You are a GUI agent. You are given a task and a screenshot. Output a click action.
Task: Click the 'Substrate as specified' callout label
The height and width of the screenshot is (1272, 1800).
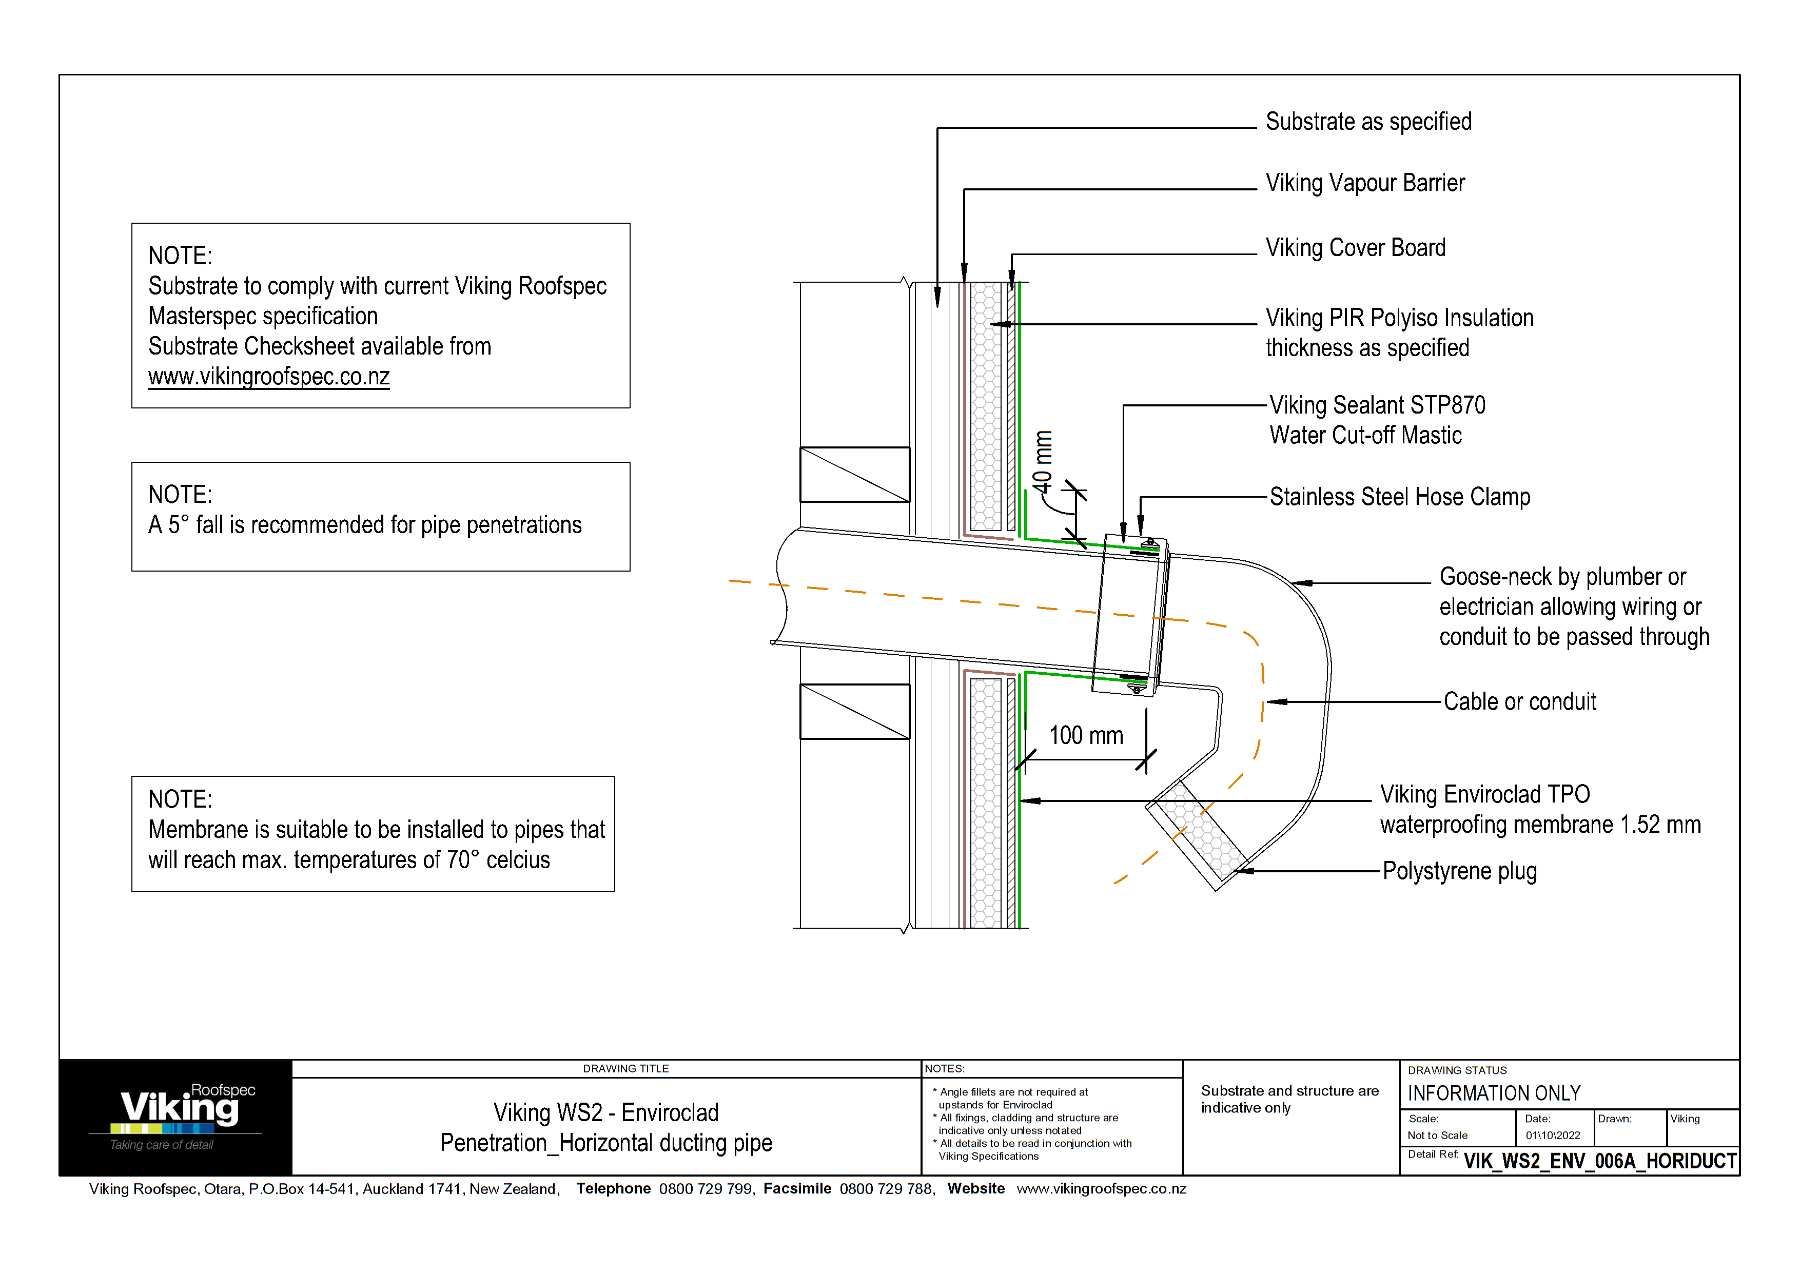(1368, 122)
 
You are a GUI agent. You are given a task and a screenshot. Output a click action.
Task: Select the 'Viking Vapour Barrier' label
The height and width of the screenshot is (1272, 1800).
(1364, 183)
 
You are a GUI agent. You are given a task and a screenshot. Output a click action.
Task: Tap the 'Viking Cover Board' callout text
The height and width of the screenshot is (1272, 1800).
(1355, 248)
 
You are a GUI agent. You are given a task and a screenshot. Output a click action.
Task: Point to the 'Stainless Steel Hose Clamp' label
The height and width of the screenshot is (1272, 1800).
(1399, 497)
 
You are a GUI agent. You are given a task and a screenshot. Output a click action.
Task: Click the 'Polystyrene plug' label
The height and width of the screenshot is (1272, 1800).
(1459, 871)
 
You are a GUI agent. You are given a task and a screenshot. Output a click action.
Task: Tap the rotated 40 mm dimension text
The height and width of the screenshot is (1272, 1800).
(1042, 462)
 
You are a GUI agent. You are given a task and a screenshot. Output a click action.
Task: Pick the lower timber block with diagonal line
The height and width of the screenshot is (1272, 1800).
(854, 712)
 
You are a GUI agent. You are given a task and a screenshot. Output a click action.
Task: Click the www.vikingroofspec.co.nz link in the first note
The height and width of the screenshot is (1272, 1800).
(269, 377)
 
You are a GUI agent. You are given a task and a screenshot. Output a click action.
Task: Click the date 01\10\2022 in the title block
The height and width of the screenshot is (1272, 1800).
(1552, 1136)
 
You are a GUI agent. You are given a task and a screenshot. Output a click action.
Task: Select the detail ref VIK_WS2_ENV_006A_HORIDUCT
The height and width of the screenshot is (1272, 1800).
(1599, 1161)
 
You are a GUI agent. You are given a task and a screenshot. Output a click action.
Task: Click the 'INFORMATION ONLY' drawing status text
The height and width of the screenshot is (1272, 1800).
(1494, 1093)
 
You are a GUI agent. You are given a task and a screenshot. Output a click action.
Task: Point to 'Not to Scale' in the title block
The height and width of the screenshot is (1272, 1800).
(1437, 1136)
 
